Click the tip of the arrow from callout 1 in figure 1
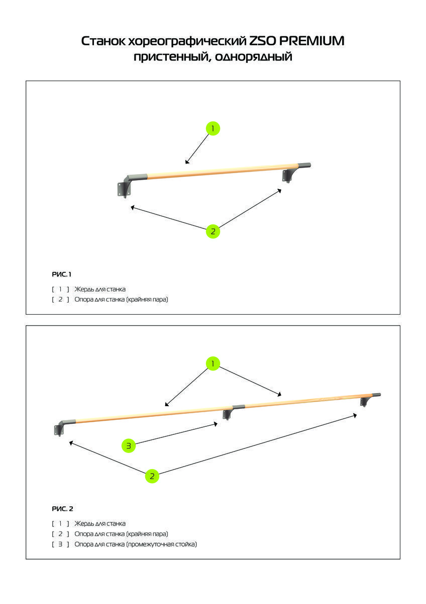pyautogui.click(x=185, y=164)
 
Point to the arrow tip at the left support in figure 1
pyautogui.click(x=131, y=207)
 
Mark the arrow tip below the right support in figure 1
pyautogui.click(x=281, y=190)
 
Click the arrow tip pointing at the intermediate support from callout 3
pyautogui.click(x=217, y=424)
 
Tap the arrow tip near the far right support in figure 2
pyautogui.click(x=357, y=415)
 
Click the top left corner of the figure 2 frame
pyautogui.click(x=26, y=326)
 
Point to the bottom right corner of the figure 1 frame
pyautogui.click(x=400, y=314)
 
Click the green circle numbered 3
pyautogui.click(x=129, y=446)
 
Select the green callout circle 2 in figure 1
pyautogui.click(x=213, y=232)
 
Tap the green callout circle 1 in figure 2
pyautogui.click(x=213, y=363)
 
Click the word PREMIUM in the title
pyautogui.click(x=311, y=41)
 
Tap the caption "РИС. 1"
pyautogui.click(x=62, y=274)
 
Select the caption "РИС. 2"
pyautogui.click(x=62, y=509)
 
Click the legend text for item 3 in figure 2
pyautogui.click(x=136, y=544)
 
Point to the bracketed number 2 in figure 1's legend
pyautogui.click(x=60, y=299)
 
